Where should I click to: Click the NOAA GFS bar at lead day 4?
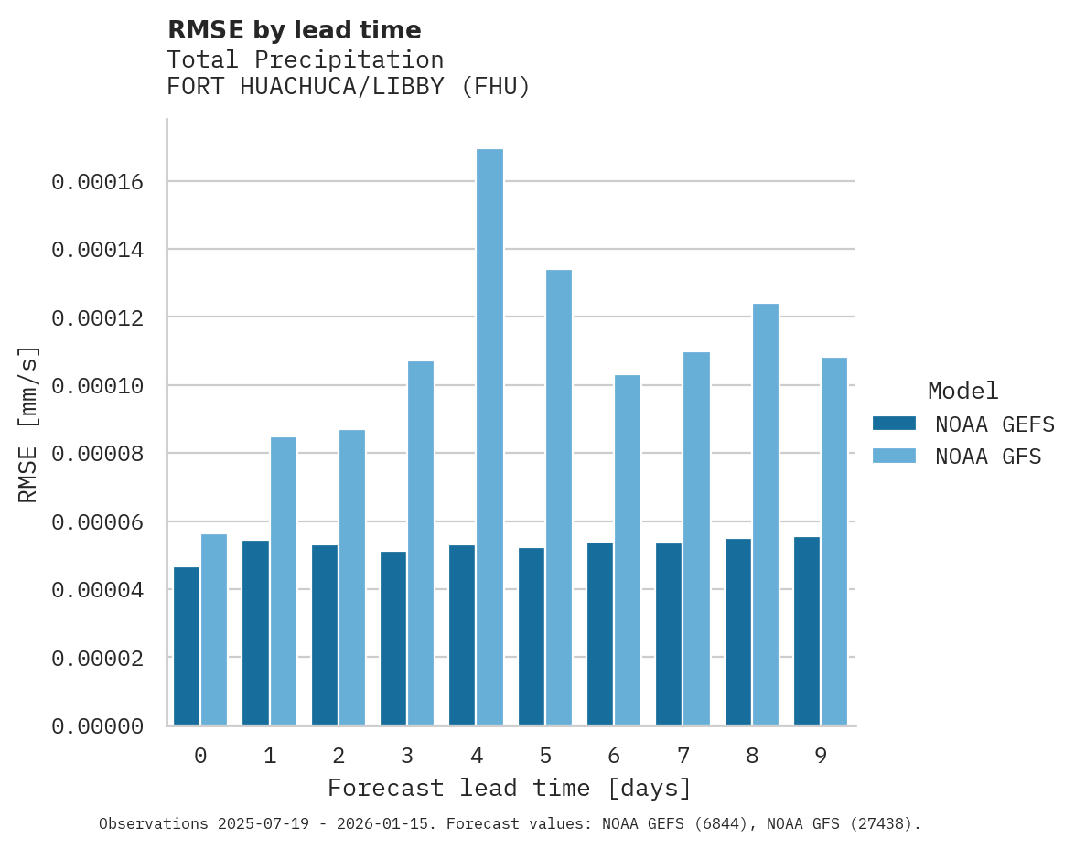coord(489,437)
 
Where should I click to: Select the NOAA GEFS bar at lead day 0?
coord(187,646)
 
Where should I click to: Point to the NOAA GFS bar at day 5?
coord(558,498)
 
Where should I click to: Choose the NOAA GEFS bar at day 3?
coord(393,639)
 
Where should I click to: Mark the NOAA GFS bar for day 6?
coord(628,550)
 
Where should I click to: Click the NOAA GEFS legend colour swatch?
coord(894,423)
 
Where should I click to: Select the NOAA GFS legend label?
coord(988,457)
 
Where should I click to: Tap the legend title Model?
coord(962,391)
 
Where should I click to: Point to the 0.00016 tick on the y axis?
coord(98,182)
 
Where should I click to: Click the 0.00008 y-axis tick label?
coord(98,454)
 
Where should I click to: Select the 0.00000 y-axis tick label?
coord(98,726)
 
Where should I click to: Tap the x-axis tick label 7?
coord(683,756)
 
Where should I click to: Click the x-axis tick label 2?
coord(339,756)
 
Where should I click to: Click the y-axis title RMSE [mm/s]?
coord(28,424)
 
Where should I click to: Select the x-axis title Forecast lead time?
coord(510,788)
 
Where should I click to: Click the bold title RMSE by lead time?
coord(294,30)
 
